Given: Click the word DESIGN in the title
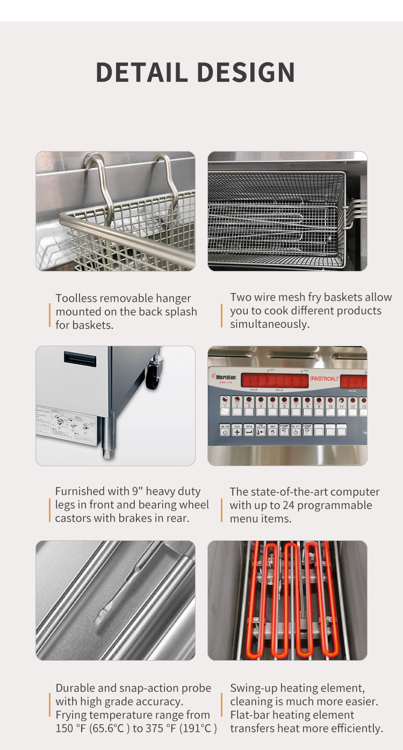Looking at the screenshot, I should click(x=246, y=72).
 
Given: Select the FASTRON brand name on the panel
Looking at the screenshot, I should click(x=325, y=380).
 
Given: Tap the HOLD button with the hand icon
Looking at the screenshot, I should click(x=272, y=430).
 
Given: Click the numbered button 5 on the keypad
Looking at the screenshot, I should click(x=272, y=409).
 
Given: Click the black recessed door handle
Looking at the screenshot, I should click(x=80, y=357).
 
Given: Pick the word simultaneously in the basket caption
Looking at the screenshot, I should click(x=270, y=324).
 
